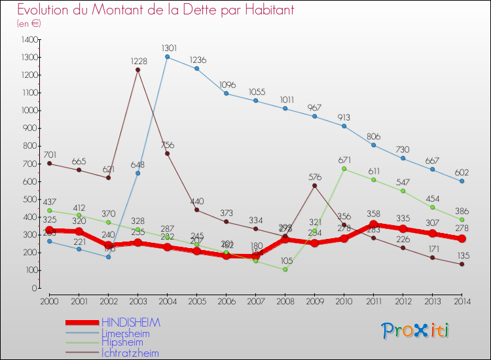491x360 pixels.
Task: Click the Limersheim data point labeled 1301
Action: (x=168, y=57)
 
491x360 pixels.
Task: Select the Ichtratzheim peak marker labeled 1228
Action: (x=138, y=70)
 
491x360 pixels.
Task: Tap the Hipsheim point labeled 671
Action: (x=344, y=169)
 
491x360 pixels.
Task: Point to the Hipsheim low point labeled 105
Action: (x=285, y=269)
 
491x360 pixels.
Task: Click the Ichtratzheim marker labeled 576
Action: (x=315, y=186)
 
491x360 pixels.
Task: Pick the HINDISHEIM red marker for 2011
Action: (x=374, y=225)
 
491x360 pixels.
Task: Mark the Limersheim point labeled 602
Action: (x=462, y=181)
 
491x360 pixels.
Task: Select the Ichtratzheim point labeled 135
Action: (x=462, y=264)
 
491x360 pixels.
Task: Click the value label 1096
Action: (x=227, y=84)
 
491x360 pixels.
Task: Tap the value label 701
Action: (x=50, y=154)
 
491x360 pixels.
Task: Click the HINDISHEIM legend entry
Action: (x=130, y=323)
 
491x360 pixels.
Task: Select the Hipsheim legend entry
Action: (x=124, y=343)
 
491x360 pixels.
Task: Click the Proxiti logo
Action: (x=415, y=331)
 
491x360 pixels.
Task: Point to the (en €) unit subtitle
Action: (x=29, y=24)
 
